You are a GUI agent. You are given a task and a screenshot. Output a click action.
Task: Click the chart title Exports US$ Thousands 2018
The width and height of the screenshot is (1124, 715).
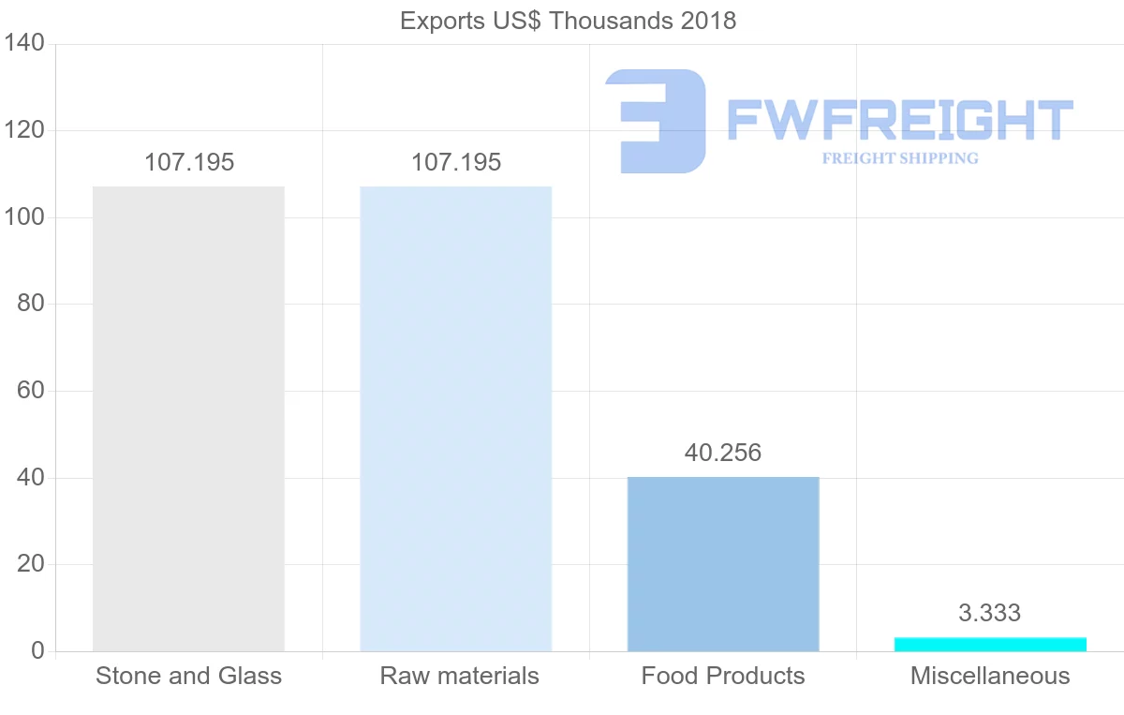pyautogui.click(x=568, y=21)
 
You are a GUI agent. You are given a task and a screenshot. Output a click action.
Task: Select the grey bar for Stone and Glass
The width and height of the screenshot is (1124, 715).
pyautogui.click(x=188, y=418)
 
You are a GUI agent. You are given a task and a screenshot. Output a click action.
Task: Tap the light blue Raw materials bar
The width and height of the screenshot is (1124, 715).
pyautogui.click(x=455, y=418)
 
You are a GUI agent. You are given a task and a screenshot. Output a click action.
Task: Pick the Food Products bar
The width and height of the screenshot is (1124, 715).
pyautogui.click(x=723, y=563)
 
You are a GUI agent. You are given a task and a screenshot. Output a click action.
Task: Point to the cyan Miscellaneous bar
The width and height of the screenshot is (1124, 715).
pyautogui.click(x=990, y=644)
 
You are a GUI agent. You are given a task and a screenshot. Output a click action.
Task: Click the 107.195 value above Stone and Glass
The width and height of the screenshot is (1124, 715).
pyautogui.click(x=189, y=162)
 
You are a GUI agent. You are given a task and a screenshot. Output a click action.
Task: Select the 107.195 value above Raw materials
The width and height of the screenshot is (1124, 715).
pyautogui.click(x=456, y=162)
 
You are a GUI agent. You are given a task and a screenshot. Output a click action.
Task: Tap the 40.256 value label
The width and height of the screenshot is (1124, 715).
pyautogui.click(x=723, y=453)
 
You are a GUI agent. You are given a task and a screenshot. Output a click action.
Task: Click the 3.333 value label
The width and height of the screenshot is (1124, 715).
pyautogui.click(x=989, y=613)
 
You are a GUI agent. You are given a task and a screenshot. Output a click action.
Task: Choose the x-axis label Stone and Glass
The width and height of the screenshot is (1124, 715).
pyautogui.click(x=188, y=676)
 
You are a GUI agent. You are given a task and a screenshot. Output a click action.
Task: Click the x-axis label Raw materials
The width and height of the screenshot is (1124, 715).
pyautogui.click(x=459, y=676)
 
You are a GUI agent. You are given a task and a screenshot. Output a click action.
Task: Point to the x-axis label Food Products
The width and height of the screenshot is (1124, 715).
pyautogui.click(x=723, y=676)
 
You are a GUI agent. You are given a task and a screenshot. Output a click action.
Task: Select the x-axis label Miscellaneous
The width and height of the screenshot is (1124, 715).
pyautogui.click(x=990, y=676)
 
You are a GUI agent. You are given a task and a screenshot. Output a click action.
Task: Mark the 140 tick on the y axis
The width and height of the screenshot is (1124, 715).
pyautogui.click(x=24, y=43)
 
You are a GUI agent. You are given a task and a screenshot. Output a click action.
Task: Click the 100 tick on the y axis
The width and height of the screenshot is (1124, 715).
pyautogui.click(x=24, y=217)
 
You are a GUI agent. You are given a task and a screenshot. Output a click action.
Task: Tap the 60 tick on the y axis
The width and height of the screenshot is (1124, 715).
pyautogui.click(x=31, y=391)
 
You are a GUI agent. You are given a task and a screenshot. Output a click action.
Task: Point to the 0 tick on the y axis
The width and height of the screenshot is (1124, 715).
pyautogui.click(x=37, y=651)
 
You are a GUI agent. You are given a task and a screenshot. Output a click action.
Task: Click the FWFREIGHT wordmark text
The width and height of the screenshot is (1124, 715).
pyautogui.click(x=899, y=120)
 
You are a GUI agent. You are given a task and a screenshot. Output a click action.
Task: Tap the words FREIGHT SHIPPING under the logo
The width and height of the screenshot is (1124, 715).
pyautogui.click(x=900, y=158)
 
